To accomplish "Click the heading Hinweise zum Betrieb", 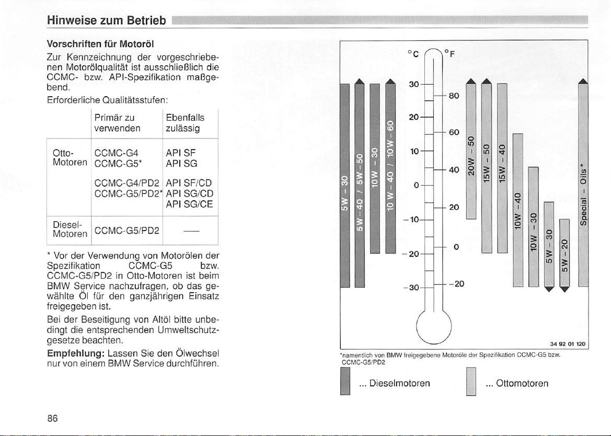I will tap(106, 21).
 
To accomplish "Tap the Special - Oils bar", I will tap(583, 188).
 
